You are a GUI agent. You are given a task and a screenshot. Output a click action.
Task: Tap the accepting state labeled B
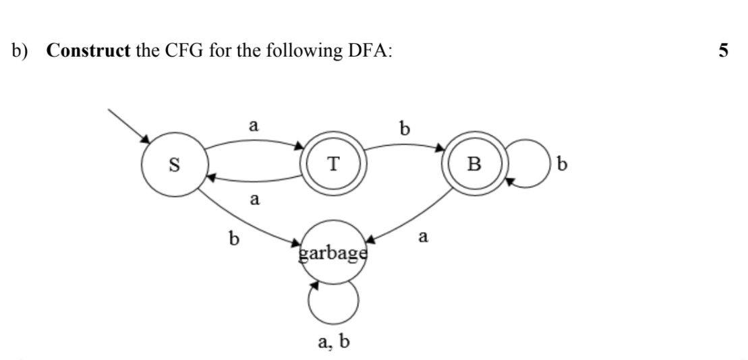tap(474, 164)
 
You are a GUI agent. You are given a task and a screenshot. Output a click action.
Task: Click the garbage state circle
tap(333, 254)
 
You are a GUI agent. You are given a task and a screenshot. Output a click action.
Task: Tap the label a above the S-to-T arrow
tap(253, 125)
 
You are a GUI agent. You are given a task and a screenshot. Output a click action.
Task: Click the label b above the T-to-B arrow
tap(404, 127)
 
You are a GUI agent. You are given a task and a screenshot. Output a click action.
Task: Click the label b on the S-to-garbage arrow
tap(234, 239)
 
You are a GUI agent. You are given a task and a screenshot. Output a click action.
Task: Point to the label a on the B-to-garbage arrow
tap(423, 237)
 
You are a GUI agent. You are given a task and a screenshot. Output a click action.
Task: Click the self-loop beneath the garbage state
tap(333, 305)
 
